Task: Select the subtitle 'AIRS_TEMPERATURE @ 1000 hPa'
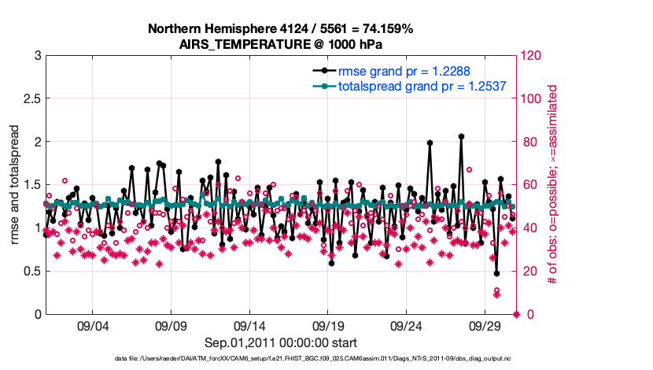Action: (x=280, y=43)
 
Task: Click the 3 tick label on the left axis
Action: (x=37, y=56)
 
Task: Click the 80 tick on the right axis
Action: (x=531, y=142)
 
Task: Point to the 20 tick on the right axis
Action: (x=531, y=271)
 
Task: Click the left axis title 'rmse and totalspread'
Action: (x=15, y=184)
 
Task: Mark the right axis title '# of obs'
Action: (x=553, y=184)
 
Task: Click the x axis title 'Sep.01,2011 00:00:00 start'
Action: (x=281, y=342)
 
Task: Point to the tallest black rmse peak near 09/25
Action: (x=430, y=142)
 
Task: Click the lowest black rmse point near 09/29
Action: (x=496, y=274)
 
